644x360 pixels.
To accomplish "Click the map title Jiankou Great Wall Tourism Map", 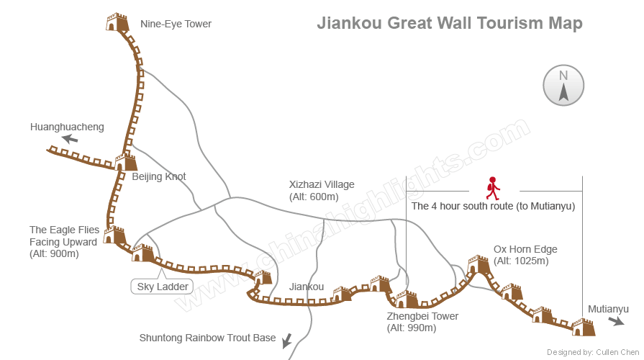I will point(450,23).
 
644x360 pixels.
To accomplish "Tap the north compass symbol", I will point(563,85).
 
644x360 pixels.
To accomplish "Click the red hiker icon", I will point(493,188).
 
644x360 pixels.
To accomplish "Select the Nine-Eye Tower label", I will point(176,24).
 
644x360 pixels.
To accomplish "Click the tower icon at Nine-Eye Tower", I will point(116,22).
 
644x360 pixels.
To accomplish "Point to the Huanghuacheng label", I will point(67,127).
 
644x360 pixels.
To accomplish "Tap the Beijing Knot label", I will point(159,176).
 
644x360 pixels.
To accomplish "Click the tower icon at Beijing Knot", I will point(125,161).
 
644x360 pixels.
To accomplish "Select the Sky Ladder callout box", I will point(163,287).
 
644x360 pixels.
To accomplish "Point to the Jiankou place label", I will point(307,287).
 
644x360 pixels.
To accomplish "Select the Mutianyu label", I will point(608,309).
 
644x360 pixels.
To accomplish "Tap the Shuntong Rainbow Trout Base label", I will point(207,338).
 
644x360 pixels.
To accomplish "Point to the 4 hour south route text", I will point(493,206).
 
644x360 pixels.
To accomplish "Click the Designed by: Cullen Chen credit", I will point(593,352).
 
